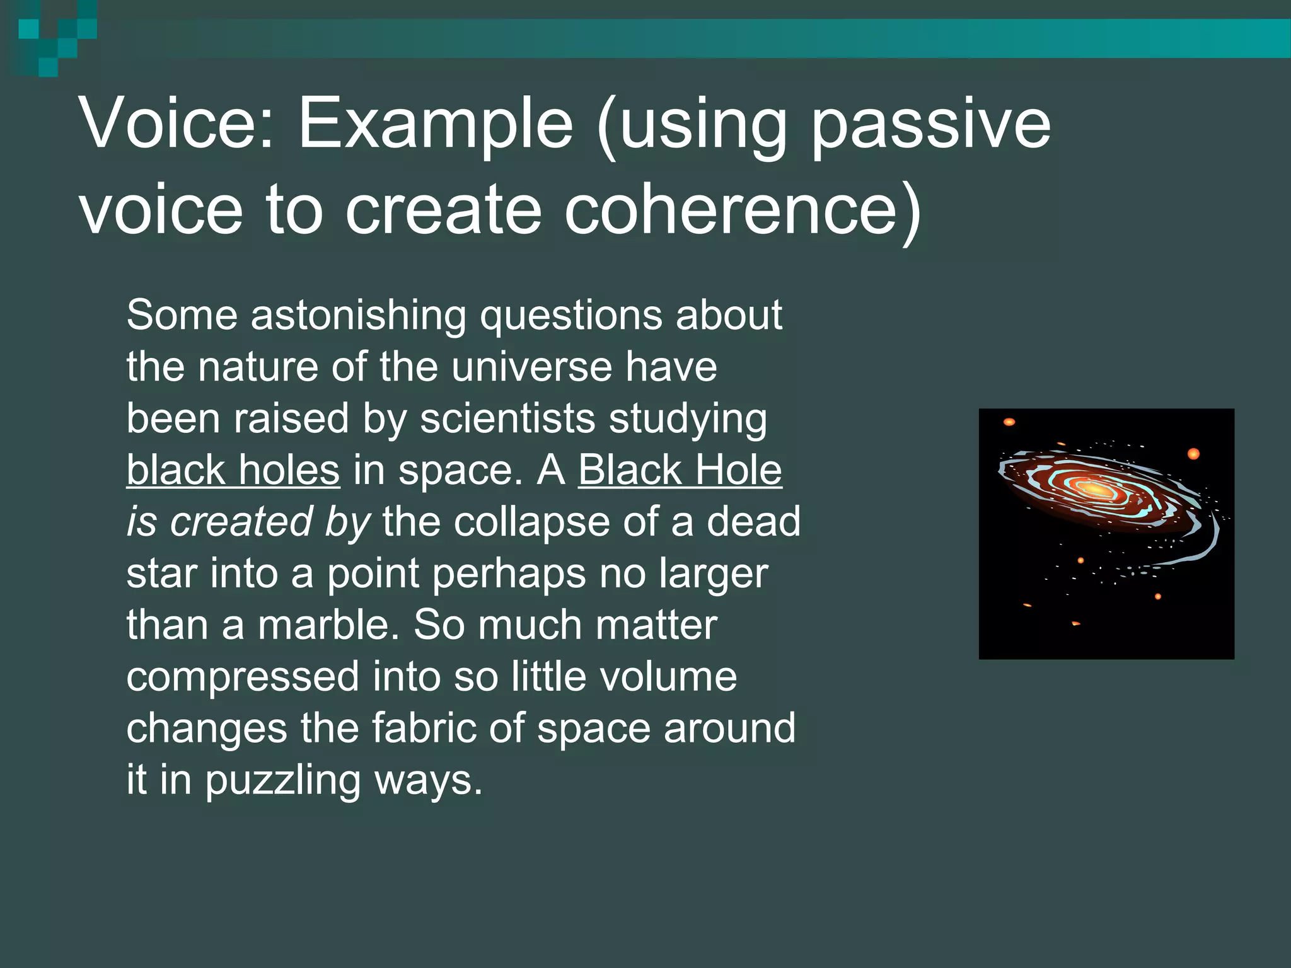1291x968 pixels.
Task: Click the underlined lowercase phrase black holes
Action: [233, 470]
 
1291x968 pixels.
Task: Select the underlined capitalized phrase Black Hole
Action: [680, 470]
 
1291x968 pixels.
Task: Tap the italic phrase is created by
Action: [248, 522]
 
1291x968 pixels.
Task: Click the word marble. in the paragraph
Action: [328, 625]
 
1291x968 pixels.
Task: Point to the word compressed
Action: [243, 677]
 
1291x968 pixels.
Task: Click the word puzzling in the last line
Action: [282, 780]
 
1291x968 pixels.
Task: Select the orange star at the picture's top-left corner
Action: [1009, 422]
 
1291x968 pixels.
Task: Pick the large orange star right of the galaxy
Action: [1193, 454]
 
